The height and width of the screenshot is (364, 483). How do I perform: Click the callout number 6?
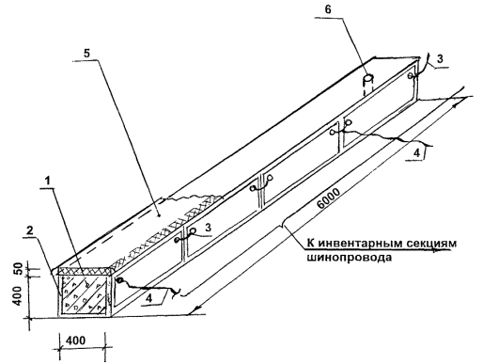point(328,9)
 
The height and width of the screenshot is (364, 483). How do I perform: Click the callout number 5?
point(86,54)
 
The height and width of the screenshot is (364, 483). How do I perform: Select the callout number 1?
point(47,181)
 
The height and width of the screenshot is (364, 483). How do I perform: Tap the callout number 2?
point(30,230)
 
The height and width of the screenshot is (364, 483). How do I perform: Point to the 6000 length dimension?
point(328,198)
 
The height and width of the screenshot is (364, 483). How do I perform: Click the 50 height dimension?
point(19,269)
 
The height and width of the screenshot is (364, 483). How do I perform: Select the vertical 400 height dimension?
point(19,296)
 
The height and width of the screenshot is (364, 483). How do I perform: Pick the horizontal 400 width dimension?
point(75,340)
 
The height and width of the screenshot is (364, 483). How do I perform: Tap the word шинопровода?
point(349,258)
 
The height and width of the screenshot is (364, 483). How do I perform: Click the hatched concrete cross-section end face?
point(85,294)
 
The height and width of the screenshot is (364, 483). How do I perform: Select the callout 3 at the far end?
point(440,58)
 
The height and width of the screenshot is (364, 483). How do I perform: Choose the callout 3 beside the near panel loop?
point(209,228)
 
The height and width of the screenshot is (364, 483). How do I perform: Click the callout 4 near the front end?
point(150,297)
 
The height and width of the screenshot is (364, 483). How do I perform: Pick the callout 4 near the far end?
point(416,152)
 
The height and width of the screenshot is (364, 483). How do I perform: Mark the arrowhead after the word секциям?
point(445,250)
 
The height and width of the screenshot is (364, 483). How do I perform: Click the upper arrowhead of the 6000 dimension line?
point(457,104)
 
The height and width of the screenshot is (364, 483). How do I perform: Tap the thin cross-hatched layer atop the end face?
point(85,271)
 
